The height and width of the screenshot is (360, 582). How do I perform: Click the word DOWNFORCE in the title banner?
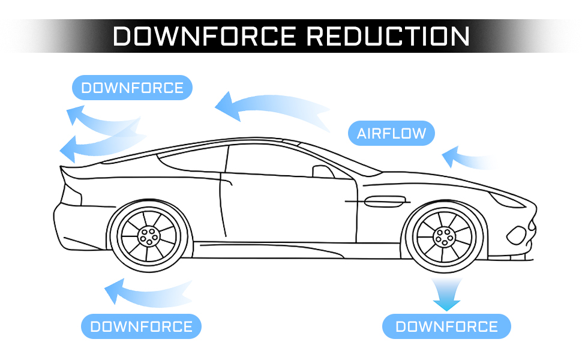click(204, 36)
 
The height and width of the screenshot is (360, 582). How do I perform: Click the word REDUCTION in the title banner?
click(388, 36)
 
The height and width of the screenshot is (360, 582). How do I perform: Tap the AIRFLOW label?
click(391, 133)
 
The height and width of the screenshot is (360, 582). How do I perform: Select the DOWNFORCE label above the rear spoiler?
click(132, 88)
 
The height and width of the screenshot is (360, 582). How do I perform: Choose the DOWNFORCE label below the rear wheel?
click(141, 326)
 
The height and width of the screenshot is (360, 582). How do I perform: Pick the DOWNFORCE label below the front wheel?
click(446, 326)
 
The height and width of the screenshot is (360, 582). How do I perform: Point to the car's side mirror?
click(323, 172)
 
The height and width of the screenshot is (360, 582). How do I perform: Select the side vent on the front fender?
click(384, 202)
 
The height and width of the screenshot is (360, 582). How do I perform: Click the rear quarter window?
click(193, 159)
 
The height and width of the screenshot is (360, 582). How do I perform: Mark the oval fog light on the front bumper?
click(517, 235)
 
